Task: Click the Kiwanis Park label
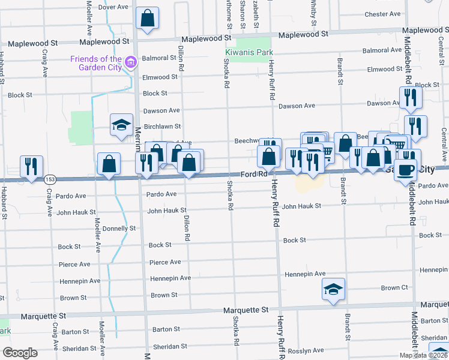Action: [249, 53]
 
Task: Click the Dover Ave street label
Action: [114, 7]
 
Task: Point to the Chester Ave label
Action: [382, 14]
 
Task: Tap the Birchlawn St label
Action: [162, 127]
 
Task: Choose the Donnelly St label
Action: [119, 229]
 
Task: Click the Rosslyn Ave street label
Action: [305, 350]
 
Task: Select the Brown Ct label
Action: [394, 288]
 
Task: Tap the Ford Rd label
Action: [253, 175]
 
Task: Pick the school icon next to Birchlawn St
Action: [121, 125]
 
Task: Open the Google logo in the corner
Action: [20, 353]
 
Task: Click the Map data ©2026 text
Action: [423, 355]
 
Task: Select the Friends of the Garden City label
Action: [96, 62]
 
